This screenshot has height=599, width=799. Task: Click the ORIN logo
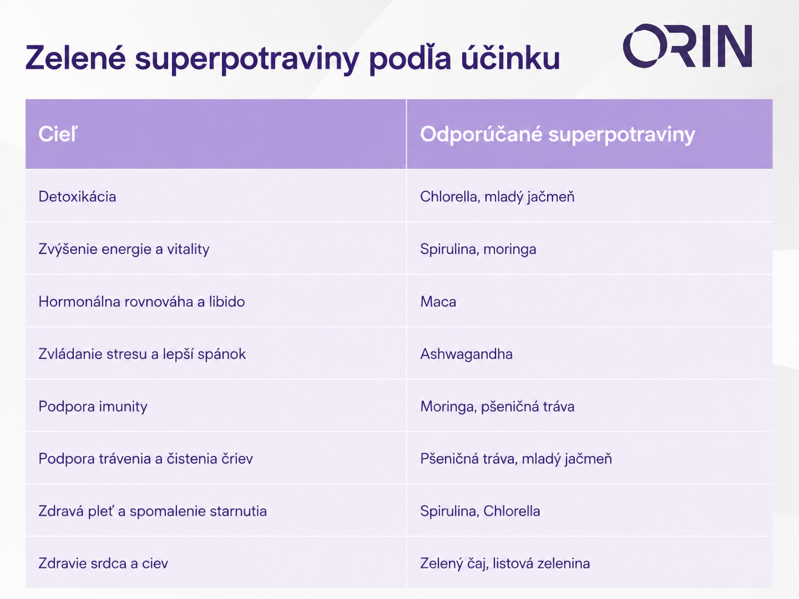pos(688,46)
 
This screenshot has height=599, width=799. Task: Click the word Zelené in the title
pos(76,57)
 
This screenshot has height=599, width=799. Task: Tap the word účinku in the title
pos(510,57)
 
